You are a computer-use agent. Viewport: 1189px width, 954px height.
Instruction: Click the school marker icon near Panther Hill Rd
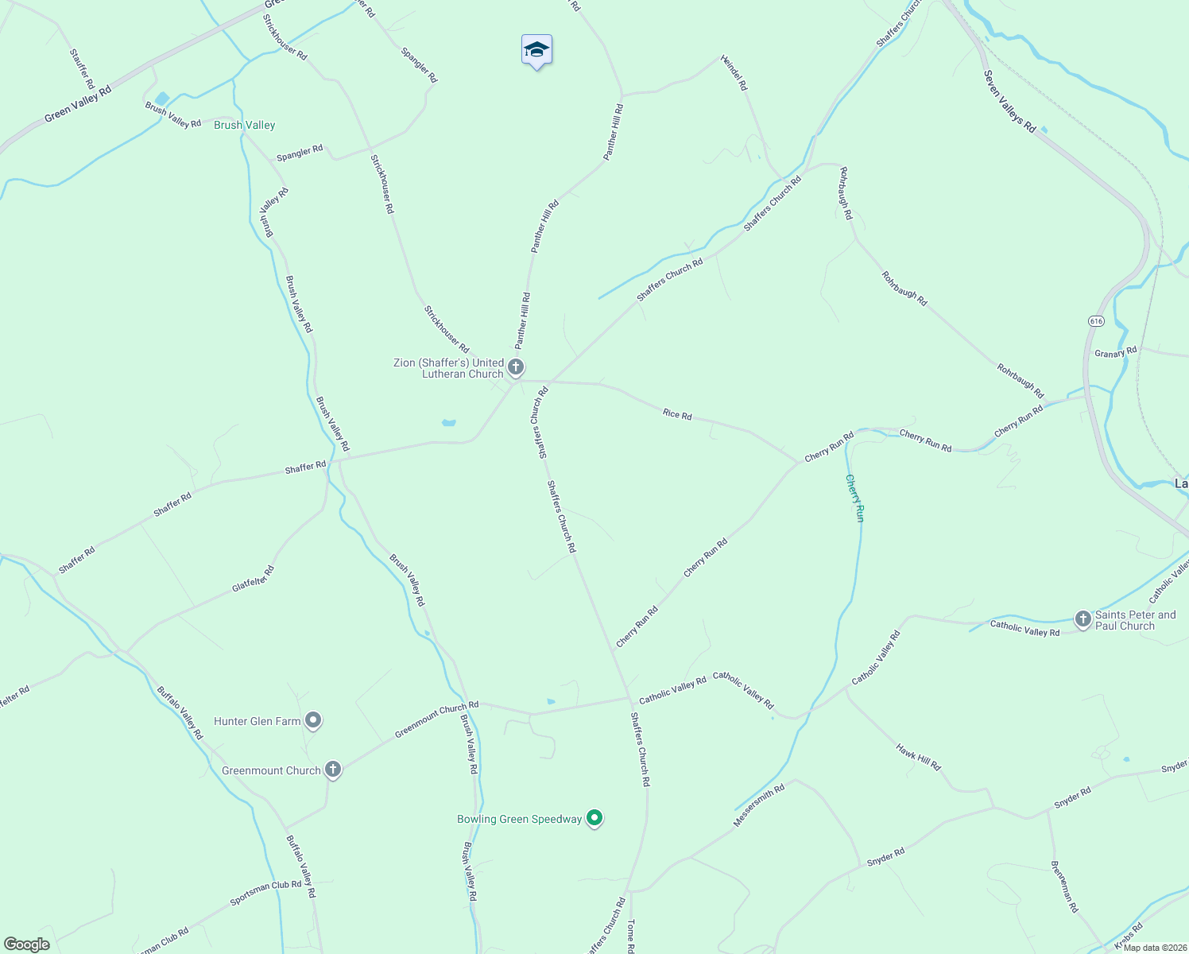[536, 50]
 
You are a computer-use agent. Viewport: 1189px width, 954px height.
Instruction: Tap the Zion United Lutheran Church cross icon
[516, 367]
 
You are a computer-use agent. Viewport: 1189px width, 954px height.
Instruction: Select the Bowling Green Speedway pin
[594, 817]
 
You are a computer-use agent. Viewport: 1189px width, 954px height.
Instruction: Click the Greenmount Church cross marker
[333, 769]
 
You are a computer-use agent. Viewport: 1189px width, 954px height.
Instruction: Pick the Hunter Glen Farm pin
[313, 720]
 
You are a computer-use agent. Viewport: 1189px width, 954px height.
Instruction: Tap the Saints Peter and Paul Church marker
[1082, 619]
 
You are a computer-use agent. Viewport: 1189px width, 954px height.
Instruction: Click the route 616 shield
[1097, 321]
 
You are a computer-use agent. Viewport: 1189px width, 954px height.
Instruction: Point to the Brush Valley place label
[245, 125]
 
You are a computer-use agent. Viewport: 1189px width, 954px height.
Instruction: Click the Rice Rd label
[677, 414]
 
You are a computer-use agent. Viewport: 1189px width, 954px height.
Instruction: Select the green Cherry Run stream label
[854, 498]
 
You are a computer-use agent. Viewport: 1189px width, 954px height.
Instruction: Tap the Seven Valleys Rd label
[1009, 102]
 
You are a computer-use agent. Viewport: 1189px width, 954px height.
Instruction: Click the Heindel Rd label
[734, 72]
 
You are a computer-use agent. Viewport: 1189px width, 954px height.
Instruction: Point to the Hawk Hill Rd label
[918, 757]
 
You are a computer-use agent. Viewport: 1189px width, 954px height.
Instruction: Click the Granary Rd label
[1115, 352]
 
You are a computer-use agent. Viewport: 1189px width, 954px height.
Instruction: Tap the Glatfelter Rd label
[253, 578]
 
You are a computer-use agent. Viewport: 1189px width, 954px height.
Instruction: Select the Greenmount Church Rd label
[436, 718]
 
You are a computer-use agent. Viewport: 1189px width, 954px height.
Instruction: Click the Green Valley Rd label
[78, 105]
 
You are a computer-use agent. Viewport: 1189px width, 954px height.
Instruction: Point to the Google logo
[27, 944]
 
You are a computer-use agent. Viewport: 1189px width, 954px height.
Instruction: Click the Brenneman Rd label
[1064, 886]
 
